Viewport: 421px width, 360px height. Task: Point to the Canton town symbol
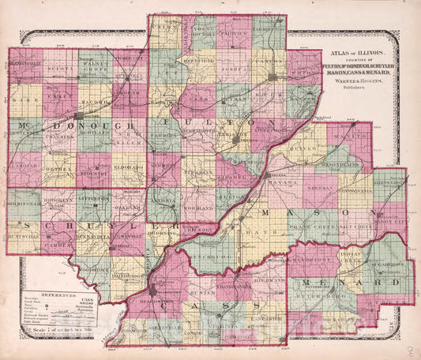click(273, 77)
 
